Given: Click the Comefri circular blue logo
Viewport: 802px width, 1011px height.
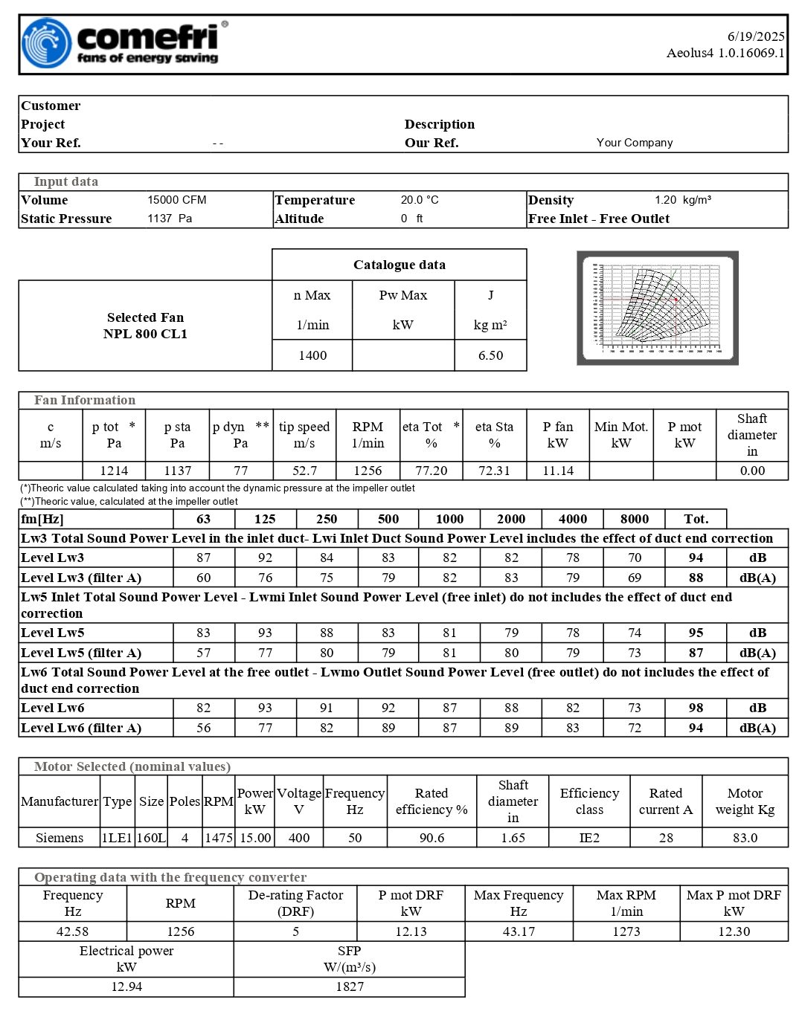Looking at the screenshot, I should [46, 43].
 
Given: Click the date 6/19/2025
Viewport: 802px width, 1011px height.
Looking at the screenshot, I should [756, 36].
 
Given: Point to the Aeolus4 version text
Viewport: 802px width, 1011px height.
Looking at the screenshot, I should [725, 53].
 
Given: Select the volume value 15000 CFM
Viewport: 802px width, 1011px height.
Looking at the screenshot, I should [177, 200].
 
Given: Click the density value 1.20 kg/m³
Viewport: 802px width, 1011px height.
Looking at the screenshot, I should [683, 200].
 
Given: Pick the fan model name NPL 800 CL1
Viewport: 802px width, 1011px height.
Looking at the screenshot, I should [145, 334].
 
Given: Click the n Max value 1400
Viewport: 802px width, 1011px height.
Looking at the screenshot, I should [312, 355].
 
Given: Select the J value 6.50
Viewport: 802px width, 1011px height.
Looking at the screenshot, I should [490, 355].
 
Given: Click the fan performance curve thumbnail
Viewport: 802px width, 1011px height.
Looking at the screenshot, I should [658, 308].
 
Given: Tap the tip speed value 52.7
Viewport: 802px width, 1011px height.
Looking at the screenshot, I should [304, 471].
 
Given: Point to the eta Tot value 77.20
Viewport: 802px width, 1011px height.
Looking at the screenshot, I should [431, 471].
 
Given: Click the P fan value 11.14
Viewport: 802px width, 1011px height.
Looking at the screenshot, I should [558, 471].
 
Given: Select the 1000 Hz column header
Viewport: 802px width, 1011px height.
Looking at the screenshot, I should [449, 519].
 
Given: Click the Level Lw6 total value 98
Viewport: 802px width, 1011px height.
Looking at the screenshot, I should [696, 708].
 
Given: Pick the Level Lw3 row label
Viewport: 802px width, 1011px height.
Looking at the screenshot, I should [53, 558].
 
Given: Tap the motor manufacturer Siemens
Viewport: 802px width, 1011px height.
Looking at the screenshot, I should [60, 838].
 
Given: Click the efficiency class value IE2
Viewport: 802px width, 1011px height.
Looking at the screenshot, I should [589, 838].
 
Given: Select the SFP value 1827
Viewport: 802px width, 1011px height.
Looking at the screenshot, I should [350, 986].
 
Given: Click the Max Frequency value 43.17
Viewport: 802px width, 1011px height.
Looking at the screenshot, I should [519, 931].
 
